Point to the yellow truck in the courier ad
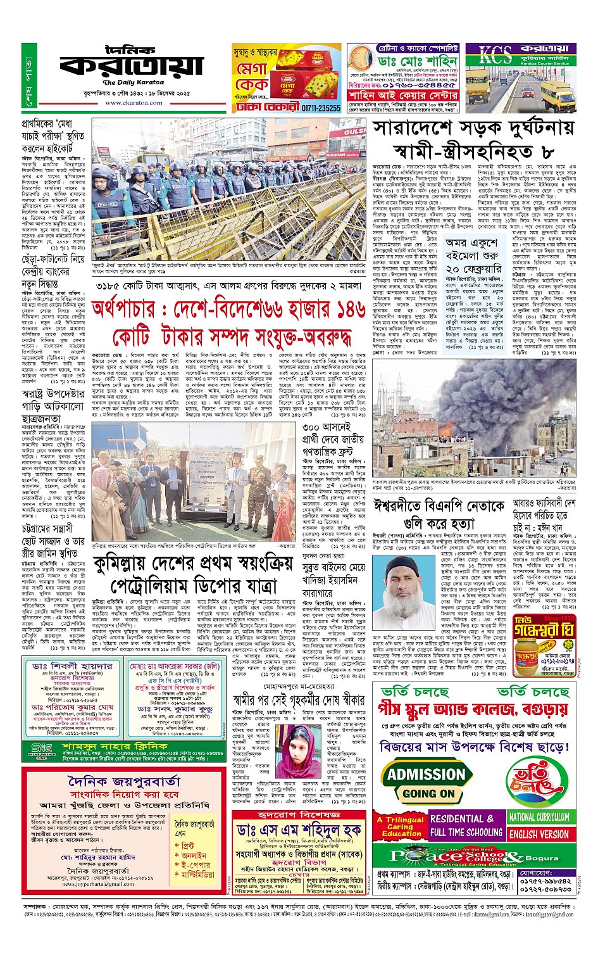coord(554,92)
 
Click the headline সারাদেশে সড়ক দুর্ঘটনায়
coord(473,129)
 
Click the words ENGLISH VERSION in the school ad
coord(539,834)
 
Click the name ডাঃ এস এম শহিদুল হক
coord(299,830)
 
